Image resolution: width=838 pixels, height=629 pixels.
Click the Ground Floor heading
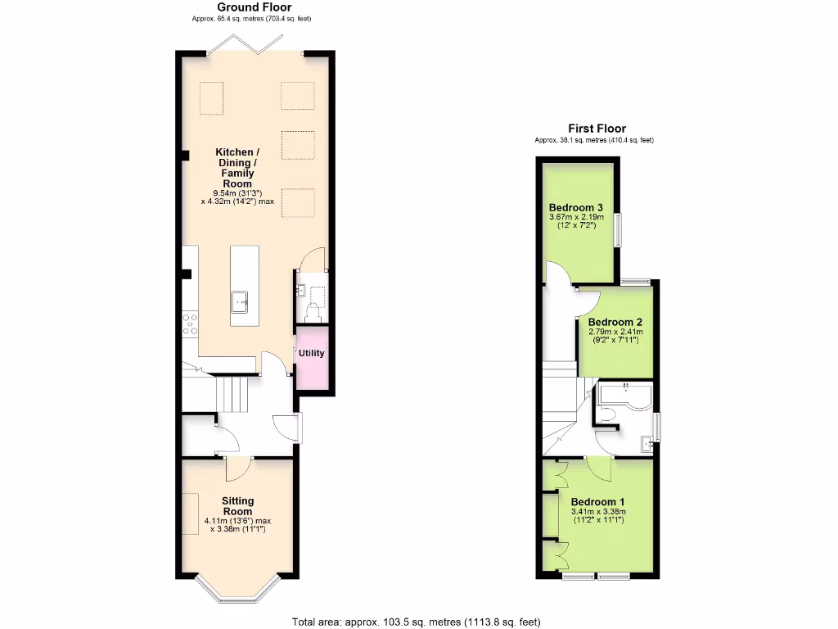click(x=254, y=7)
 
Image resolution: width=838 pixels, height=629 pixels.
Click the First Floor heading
click(x=597, y=129)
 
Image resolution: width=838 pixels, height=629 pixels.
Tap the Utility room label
click(x=312, y=354)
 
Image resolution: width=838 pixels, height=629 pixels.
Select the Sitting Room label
click(x=237, y=506)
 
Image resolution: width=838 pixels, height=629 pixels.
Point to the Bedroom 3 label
click(x=576, y=206)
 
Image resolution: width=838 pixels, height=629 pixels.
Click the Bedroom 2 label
click(x=615, y=321)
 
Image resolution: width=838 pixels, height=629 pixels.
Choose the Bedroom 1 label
click(x=597, y=502)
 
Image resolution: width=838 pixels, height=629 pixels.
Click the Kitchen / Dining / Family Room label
click(x=237, y=168)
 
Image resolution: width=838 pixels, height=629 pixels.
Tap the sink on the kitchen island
click(x=241, y=302)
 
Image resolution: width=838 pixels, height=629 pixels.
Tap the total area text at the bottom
click(x=417, y=622)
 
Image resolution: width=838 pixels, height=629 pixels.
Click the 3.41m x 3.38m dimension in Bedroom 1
click(x=597, y=513)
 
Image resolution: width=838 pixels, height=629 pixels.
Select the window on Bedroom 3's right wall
click(x=618, y=229)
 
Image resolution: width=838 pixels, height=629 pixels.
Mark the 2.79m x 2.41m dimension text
click(x=615, y=332)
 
